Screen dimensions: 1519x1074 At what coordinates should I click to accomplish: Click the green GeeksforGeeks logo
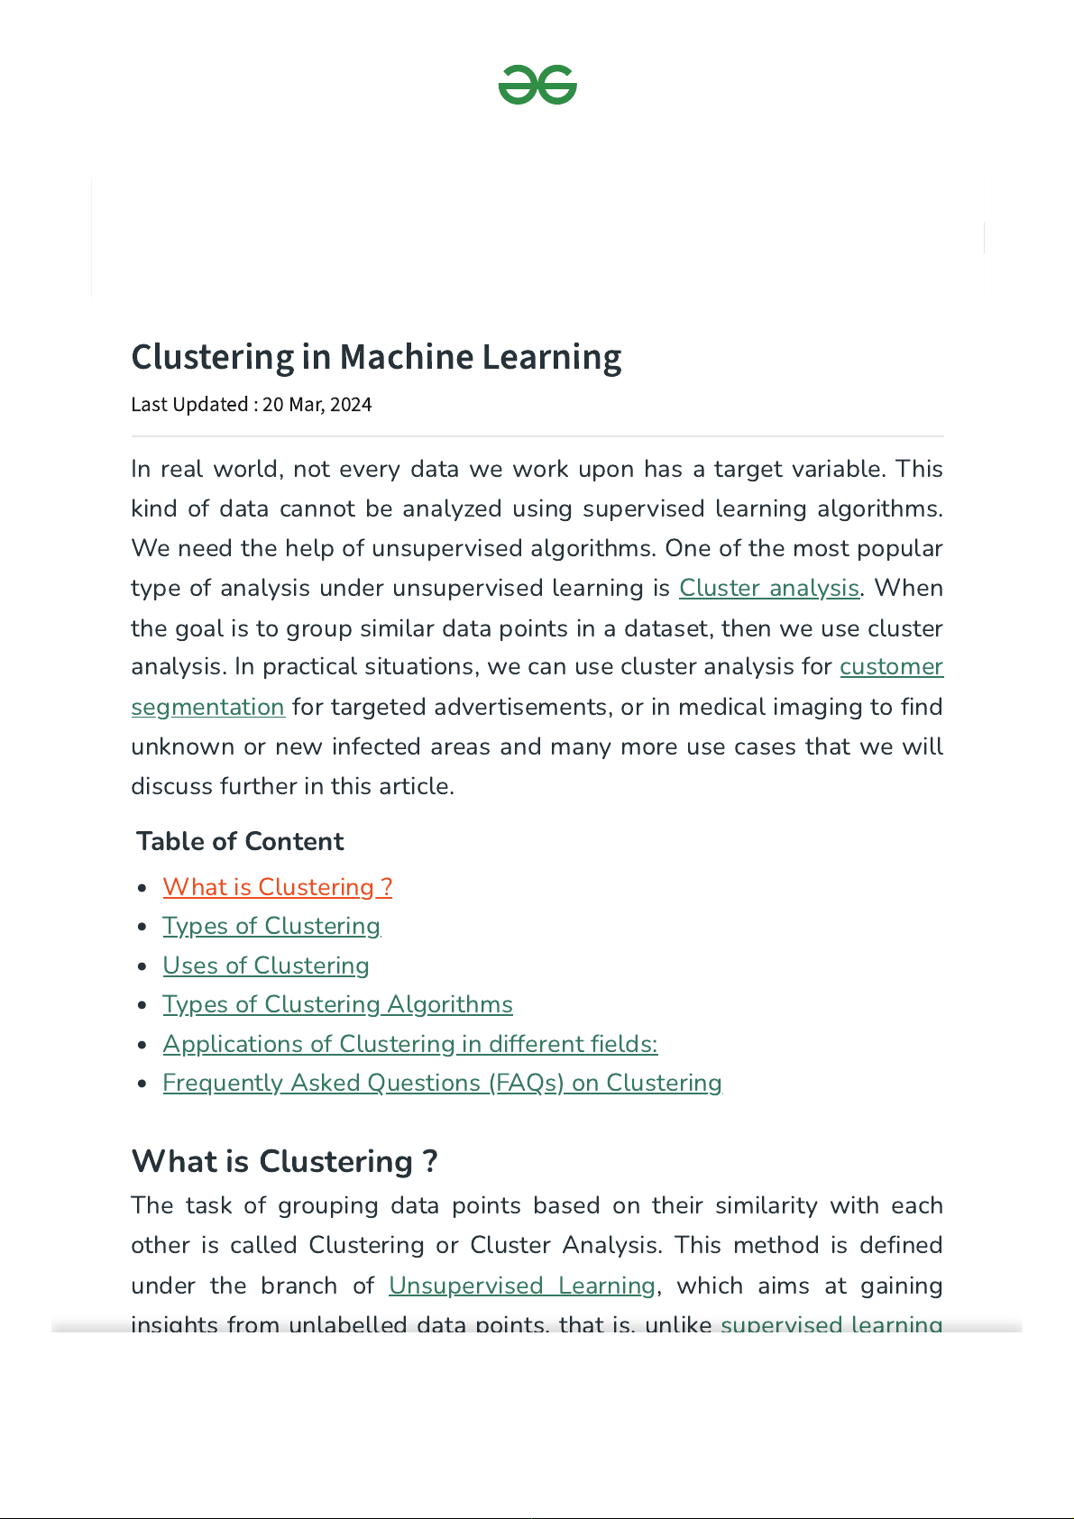(x=537, y=85)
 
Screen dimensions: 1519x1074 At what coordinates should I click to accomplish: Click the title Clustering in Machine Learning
(x=376, y=357)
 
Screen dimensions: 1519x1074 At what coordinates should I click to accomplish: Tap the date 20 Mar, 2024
(x=317, y=405)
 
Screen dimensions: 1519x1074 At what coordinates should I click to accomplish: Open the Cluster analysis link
(x=768, y=588)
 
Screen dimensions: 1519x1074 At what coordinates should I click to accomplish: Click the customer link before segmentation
(x=891, y=667)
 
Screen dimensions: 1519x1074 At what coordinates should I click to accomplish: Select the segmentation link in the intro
(x=208, y=707)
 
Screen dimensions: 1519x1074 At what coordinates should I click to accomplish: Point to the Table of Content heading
(x=240, y=841)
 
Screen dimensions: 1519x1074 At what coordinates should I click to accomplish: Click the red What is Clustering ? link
(x=277, y=887)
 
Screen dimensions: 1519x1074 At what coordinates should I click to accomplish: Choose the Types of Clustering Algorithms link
(x=337, y=1004)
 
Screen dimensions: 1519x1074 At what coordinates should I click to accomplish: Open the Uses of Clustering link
(x=266, y=965)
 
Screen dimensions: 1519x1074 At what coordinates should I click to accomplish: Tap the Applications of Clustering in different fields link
(x=410, y=1044)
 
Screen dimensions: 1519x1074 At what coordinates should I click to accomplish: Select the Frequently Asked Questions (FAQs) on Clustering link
(x=442, y=1083)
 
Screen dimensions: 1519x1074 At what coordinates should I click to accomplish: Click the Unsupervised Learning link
(x=522, y=1286)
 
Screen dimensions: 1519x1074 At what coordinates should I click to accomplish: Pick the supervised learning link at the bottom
(x=831, y=1323)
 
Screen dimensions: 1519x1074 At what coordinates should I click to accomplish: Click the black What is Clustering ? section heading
(x=284, y=1161)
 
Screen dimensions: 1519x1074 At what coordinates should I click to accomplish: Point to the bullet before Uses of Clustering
(x=142, y=966)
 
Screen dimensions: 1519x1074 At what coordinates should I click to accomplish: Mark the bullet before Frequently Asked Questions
(x=142, y=1084)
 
